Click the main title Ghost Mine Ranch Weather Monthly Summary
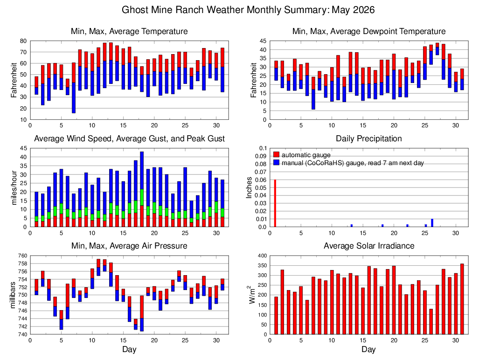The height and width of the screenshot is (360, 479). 225,10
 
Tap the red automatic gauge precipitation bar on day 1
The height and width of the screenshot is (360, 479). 275,203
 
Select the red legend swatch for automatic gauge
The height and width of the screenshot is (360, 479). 276,154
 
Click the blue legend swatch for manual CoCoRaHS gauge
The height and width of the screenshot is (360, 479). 276,162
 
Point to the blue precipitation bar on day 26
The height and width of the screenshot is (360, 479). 432,223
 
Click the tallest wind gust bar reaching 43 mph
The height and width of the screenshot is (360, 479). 142,189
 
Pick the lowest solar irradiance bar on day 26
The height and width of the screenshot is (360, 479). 431,321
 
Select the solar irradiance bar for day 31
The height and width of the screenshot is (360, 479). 462,299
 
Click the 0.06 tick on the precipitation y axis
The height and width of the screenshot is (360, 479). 262,180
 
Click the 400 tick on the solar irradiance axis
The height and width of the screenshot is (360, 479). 263,256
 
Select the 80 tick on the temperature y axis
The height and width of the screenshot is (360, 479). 24,41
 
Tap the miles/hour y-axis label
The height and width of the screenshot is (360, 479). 14,188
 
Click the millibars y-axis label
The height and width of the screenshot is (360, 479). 13,295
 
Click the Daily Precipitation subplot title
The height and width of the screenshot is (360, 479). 369,138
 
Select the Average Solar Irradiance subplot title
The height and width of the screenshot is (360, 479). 369,246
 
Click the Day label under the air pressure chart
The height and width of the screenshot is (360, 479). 129,349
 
